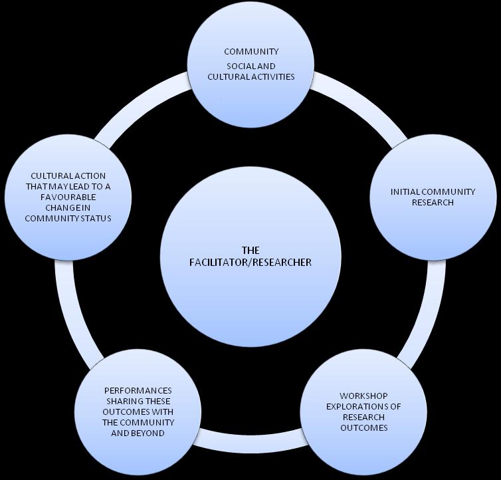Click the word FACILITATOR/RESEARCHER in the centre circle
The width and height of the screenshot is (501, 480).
pos(250,263)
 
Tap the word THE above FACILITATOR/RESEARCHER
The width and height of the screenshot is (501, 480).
pos(250,251)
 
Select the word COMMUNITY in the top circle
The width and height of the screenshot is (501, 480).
pos(251,51)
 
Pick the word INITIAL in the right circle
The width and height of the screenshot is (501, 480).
pos(405,192)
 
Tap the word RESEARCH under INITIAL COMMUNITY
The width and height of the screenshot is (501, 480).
pos(433,202)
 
